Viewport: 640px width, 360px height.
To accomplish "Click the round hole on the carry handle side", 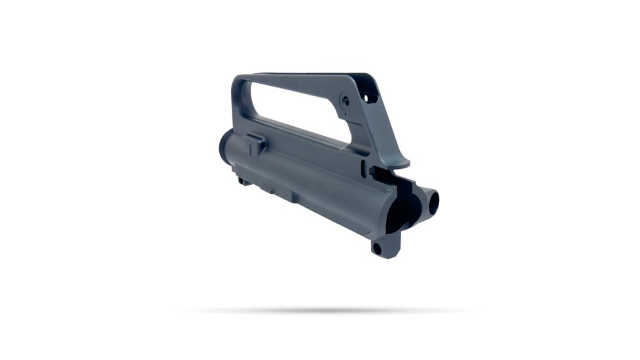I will coord(344,99).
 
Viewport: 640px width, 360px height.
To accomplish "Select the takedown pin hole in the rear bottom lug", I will coord(376,248).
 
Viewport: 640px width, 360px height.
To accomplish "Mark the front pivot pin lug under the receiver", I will coord(244,180).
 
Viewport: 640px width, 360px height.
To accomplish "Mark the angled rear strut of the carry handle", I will coord(376,131).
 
